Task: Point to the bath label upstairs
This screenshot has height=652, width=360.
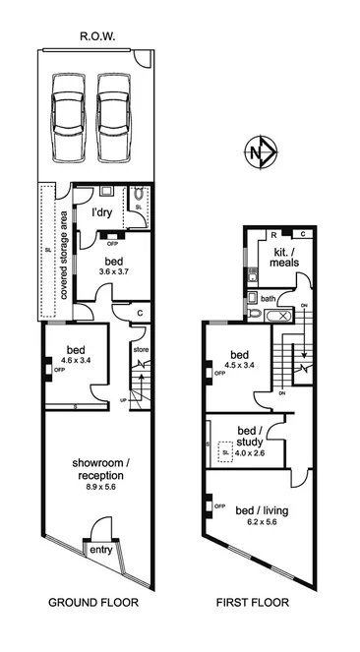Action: pyautogui.click(x=268, y=299)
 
